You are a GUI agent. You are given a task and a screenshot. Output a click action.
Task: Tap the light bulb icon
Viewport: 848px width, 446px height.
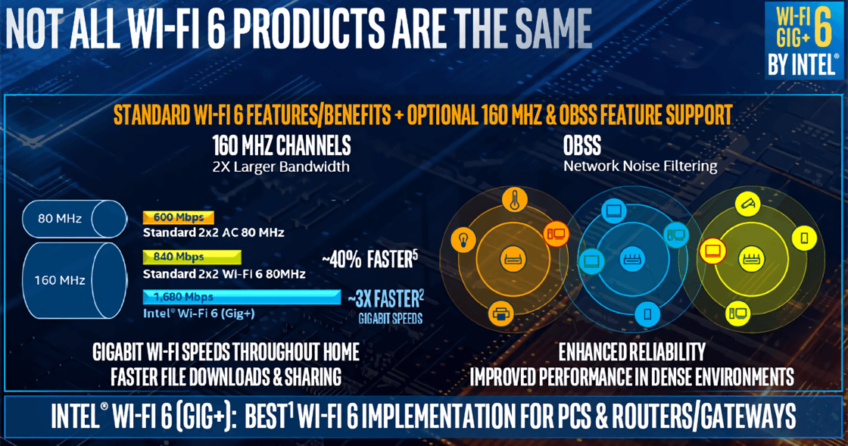pyautogui.click(x=463, y=239)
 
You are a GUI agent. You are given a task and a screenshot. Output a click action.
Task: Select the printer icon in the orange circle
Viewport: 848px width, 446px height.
pyautogui.click(x=500, y=313)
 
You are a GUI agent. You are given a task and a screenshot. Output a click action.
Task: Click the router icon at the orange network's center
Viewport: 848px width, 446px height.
pyautogui.click(x=512, y=258)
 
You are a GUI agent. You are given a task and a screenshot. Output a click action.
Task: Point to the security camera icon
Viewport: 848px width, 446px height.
pyautogui.click(x=748, y=204)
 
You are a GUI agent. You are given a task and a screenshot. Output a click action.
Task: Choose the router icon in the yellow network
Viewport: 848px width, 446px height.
pyautogui.click(x=751, y=258)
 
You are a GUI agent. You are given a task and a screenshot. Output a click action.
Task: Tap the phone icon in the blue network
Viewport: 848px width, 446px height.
pyautogui.click(x=647, y=313)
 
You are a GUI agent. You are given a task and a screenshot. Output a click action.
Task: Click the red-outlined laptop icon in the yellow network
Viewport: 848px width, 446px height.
pyautogui.click(x=712, y=251)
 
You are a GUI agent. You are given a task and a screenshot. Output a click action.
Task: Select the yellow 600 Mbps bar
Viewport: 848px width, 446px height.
pyautogui.click(x=179, y=217)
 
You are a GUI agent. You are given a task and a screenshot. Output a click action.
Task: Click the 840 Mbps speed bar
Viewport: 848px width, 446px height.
pyautogui.click(x=192, y=257)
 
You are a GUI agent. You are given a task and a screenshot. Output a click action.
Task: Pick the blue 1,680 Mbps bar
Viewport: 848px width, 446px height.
pyautogui.click(x=242, y=297)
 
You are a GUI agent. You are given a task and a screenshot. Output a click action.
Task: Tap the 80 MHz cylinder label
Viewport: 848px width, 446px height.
pyautogui.click(x=60, y=218)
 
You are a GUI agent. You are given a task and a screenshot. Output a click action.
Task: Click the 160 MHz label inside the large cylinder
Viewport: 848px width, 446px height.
pyautogui.click(x=60, y=280)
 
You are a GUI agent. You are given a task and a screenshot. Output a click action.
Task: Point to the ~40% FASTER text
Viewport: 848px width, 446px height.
pyautogui.click(x=370, y=260)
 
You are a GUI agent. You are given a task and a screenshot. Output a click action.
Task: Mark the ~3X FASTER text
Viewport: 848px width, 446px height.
pyautogui.click(x=385, y=298)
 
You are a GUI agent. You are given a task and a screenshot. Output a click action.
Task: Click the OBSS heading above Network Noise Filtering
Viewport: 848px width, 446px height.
pyautogui.click(x=582, y=145)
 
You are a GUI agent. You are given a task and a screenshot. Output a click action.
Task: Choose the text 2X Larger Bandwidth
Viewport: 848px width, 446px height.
pyautogui.click(x=281, y=167)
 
